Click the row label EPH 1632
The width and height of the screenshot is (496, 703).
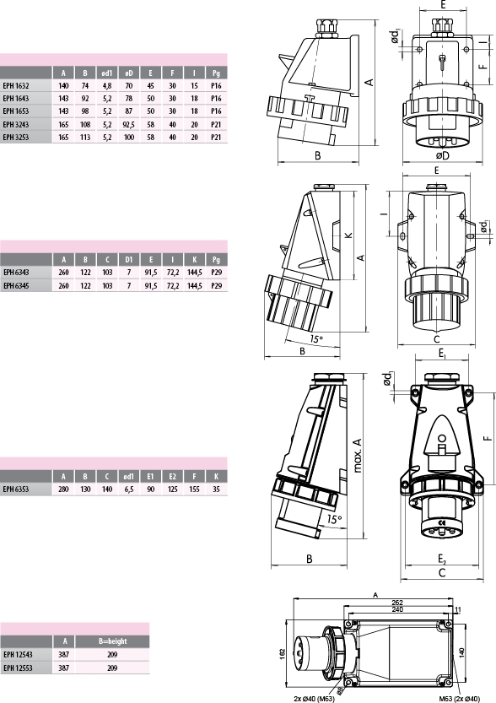16,85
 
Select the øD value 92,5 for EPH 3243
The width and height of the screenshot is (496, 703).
128,125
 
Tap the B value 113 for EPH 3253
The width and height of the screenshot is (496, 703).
85,138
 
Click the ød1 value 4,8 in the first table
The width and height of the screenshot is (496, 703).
107,85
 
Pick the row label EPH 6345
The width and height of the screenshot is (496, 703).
16,285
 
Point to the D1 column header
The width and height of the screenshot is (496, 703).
128,260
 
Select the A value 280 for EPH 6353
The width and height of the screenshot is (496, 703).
63,489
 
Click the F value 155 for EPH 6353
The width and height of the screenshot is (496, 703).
194,489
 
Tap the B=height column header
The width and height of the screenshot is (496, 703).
112,641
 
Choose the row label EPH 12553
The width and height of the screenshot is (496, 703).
18,668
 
